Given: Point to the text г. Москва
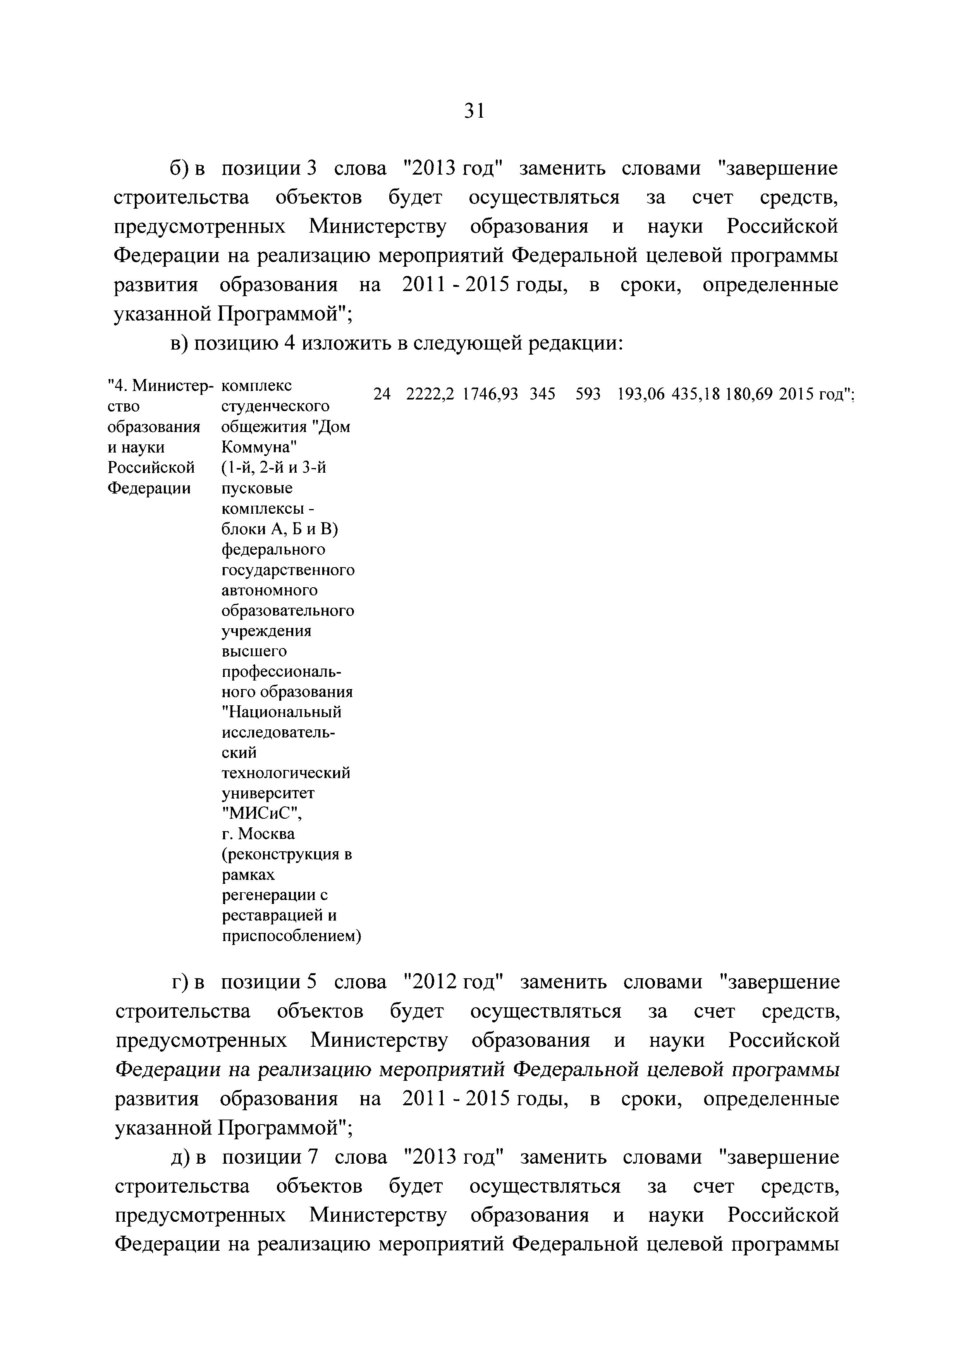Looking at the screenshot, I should [x=258, y=834].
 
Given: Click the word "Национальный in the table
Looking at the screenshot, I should [x=282, y=712].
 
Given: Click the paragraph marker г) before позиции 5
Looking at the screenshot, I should [x=179, y=982].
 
